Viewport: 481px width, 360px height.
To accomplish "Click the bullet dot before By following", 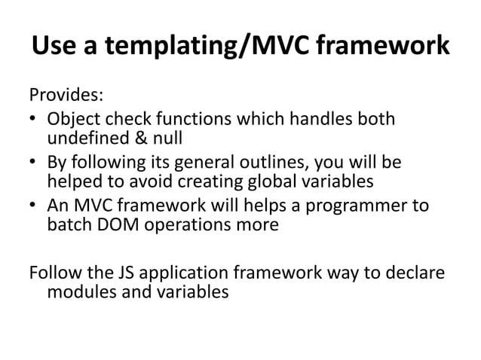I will pyautogui.click(x=34, y=164).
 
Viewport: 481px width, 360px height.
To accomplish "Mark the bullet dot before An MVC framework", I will pyautogui.click(x=34, y=208).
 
